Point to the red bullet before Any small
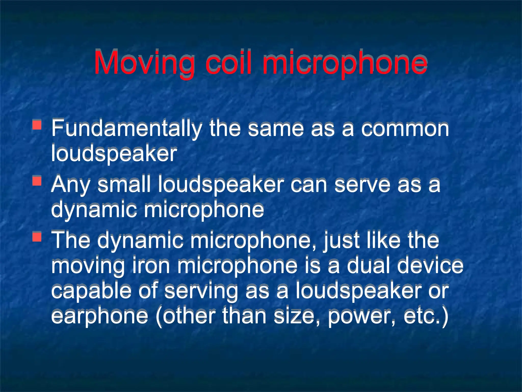coord(37,181)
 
